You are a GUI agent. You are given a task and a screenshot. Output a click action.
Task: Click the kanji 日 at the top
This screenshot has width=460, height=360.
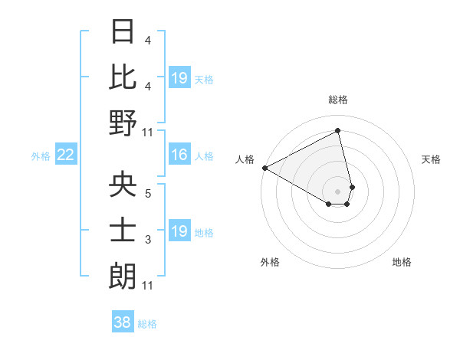click(123, 32)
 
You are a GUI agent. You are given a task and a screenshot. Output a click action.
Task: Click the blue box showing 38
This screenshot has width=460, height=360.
click(123, 323)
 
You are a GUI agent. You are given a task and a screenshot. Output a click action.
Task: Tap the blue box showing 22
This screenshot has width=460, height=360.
click(66, 155)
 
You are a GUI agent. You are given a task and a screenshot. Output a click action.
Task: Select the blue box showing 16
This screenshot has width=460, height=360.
click(179, 155)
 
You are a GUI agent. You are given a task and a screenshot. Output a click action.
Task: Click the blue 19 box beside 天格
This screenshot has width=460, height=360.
click(179, 78)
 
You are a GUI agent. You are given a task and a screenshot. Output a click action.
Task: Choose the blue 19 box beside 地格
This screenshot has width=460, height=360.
click(179, 231)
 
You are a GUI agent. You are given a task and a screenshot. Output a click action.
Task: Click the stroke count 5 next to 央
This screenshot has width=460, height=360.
click(147, 194)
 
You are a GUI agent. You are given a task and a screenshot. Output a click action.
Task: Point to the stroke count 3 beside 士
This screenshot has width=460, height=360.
click(147, 240)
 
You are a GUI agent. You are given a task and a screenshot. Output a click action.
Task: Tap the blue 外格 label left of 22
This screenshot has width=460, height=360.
click(41, 156)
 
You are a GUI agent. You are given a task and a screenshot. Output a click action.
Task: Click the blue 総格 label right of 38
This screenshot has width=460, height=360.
click(147, 324)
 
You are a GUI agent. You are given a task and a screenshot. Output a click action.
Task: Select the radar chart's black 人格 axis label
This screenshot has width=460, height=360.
click(245, 159)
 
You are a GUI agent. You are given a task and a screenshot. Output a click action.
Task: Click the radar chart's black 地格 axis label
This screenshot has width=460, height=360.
click(402, 262)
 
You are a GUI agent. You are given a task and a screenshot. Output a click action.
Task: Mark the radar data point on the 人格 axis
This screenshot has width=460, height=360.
click(264, 168)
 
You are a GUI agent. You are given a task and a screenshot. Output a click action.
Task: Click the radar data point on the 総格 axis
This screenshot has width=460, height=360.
click(338, 130)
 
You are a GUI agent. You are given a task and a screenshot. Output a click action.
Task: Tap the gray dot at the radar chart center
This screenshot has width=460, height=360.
click(338, 190)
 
